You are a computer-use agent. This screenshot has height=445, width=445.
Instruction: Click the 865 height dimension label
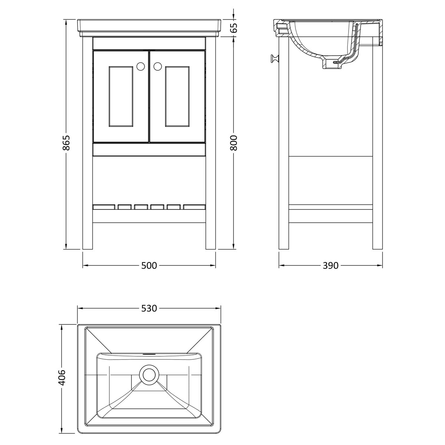66,142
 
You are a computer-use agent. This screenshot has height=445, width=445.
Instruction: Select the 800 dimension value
234,143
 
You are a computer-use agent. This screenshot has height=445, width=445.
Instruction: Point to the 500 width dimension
149,266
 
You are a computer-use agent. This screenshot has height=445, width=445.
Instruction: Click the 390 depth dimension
330,266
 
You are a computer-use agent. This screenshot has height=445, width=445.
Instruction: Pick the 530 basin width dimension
149,308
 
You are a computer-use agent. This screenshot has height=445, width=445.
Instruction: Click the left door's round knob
141,66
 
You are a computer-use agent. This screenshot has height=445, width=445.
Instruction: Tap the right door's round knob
158,66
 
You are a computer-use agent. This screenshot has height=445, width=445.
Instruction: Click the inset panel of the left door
121,96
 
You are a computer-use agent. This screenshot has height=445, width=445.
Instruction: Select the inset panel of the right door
177,96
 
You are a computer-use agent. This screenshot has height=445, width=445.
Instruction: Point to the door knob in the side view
275,59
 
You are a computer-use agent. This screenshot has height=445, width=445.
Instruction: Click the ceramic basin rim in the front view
149,28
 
